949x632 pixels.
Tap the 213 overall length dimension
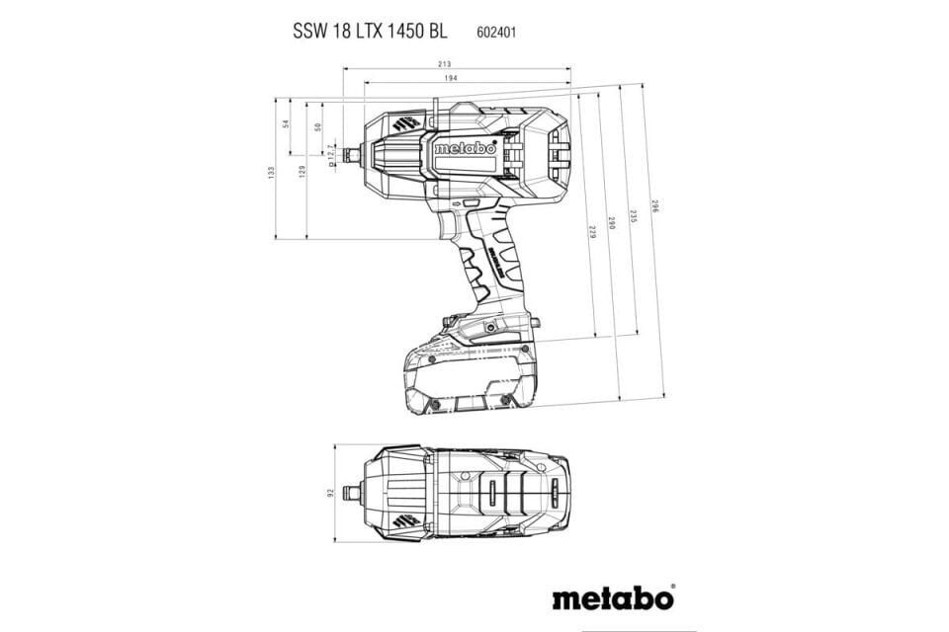[458, 64]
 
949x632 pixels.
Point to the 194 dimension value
[450, 78]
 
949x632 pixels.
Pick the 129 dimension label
[302, 171]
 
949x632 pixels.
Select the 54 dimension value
[286, 124]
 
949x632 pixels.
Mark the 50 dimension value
[317, 126]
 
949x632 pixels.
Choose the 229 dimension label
[592, 233]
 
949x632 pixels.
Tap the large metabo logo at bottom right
[613, 597]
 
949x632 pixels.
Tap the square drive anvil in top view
[352, 492]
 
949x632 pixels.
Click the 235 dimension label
[634, 215]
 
